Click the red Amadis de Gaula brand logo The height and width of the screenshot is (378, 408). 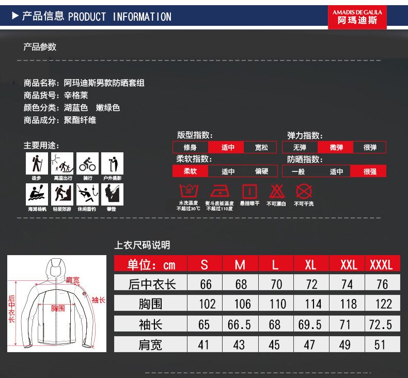pyautogui.click(x=357, y=17)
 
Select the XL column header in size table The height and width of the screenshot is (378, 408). pyautogui.click(x=311, y=265)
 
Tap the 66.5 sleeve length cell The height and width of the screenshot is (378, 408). pyautogui.click(x=240, y=324)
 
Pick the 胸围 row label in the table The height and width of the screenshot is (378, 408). pyautogui.click(x=150, y=304)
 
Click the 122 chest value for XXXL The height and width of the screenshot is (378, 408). pyautogui.click(x=383, y=304)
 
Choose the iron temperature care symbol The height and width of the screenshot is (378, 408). pyautogui.click(x=219, y=192)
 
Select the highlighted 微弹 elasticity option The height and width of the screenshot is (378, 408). pyautogui.click(x=336, y=148)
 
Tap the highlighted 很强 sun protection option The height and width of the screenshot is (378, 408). pyautogui.click(x=370, y=171)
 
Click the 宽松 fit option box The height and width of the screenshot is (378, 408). pyautogui.click(x=261, y=148)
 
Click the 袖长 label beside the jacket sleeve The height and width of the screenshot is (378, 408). pyautogui.click(x=98, y=300)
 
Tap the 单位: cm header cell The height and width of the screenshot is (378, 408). pyautogui.click(x=150, y=265)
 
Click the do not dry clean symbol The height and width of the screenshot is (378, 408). pyautogui.click(x=304, y=192)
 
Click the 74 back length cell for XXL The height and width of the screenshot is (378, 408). pyautogui.click(x=347, y=284)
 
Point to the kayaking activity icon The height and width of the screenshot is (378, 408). pyautogui.click(x=37, y=194)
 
